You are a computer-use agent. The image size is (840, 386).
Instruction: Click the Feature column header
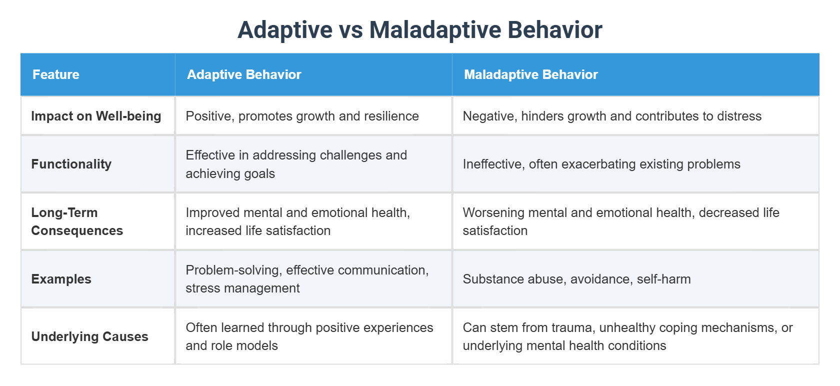pyautogui.click(x=56, y=74)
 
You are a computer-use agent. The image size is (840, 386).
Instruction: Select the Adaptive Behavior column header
pyautogui.click(x=244, y=74)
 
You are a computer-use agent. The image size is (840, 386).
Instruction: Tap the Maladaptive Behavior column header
pyautogui.click(x=530, y=74)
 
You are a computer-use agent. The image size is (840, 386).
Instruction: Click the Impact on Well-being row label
pyautogui.click(x=96, y=116)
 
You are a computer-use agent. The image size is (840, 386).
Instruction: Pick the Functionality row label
pyautogui.click(x=71, y=164)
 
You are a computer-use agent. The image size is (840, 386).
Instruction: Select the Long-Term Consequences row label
pyautogui.click(x=77, y=221)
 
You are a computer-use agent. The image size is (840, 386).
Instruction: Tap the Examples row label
pyautogui.click(x=61, y=279)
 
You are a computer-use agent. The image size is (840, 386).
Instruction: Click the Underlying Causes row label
pyautogui.click(x=89, y=336)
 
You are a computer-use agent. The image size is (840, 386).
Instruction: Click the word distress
pyautogui.click(x=739, y=116)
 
